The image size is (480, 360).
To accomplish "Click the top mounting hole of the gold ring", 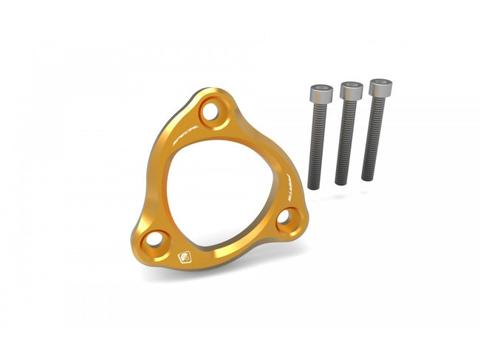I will click(x=211, y=112).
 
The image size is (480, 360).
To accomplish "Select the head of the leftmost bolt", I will click(x=319, y=94).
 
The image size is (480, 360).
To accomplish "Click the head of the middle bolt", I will click(x=350, y=91).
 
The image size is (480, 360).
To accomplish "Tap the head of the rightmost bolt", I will click(x=380, y=87).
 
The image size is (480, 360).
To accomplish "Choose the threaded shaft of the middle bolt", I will click(x=345, y=140).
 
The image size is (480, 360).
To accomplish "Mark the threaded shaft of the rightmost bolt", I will click(x=373, y=137).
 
